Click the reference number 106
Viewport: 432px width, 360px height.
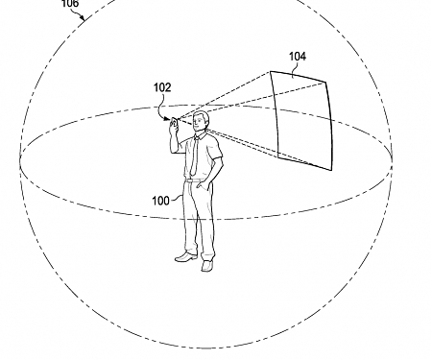tap(71, 3)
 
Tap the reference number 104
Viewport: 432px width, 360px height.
tap(299, 57)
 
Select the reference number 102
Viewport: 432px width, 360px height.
tap(162, 87)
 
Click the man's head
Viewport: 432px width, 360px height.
tap(200, 123)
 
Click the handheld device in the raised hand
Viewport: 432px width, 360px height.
tap(174, 121)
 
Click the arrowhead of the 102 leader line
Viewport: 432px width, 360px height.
tap(169, 117)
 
